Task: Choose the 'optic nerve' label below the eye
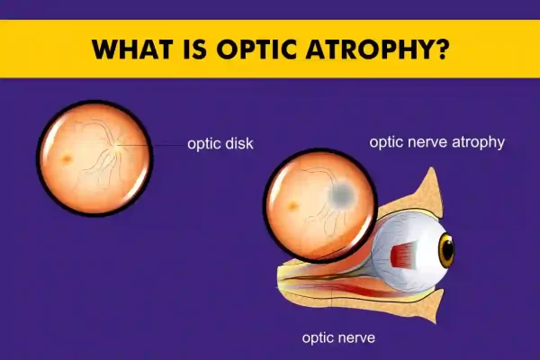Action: [x=338, y=338]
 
